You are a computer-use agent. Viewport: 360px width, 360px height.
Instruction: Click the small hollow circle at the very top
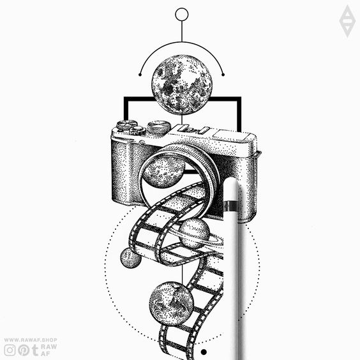click(x=182, y=14)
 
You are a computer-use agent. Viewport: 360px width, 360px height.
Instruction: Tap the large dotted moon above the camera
click(x=182, y=84)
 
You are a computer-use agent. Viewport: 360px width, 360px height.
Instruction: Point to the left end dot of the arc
click(x=140, y=75)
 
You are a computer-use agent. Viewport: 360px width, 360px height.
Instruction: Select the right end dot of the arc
click(x=223, y=75)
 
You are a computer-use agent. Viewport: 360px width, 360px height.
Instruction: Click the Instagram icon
click(x=10, y=350)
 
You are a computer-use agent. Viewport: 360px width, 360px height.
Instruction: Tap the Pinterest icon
click(x=24, y=350)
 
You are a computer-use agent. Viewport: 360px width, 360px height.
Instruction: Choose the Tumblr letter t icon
click(x=35, y=350)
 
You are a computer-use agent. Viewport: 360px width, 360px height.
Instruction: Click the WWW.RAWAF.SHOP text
click(x=31, y=340)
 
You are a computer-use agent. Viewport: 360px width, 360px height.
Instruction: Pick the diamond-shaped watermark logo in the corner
click(x=347, y=21)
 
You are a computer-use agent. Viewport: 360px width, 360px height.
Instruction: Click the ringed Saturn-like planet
click(x=195, y=234)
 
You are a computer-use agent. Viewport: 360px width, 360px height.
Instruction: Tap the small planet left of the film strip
click(x=131, y=258)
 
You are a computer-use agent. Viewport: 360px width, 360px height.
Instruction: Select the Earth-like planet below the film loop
click(x=171, y=304)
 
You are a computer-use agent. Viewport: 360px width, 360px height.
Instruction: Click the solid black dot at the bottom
click(x=204, y=352)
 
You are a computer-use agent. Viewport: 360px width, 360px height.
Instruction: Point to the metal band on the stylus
click(x=230, y=206)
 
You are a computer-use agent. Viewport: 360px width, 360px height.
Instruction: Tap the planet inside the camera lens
click(x=164, y=171)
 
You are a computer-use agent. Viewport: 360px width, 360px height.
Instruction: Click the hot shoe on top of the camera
click(x=194, y=130)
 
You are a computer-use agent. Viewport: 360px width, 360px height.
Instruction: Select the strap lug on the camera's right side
click(x=259, y=153)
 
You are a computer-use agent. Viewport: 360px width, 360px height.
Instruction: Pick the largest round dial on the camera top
click(x=159, y=126)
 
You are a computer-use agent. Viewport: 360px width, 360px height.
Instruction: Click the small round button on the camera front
click(x=142, y=143)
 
